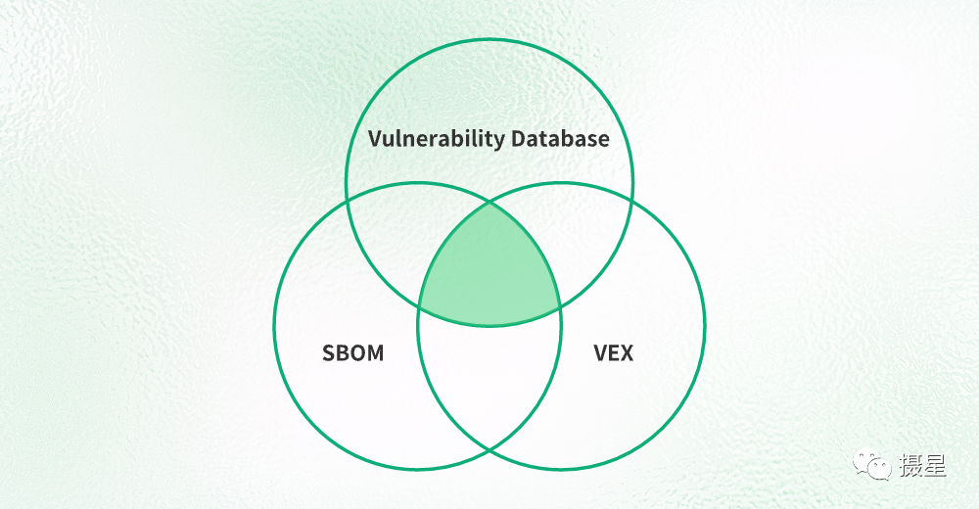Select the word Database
560,138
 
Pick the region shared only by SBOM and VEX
489,382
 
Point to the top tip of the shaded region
489,203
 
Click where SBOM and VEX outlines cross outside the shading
489,449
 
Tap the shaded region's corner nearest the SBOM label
419,307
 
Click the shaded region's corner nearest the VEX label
560,307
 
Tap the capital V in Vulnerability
374,138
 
